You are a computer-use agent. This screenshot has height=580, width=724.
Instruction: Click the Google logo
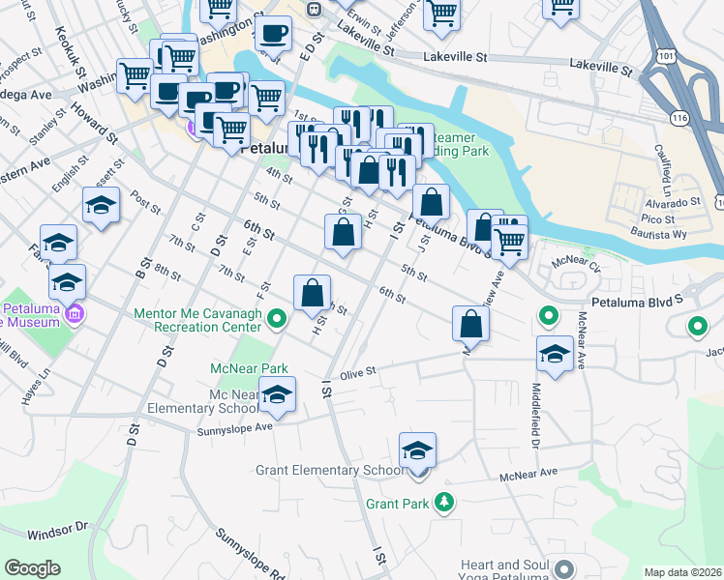point(32,568)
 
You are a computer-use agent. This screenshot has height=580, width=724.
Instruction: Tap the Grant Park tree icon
point(444,503)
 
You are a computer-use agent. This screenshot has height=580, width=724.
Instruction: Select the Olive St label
point(356,370)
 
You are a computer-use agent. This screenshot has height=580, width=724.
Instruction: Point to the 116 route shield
point(678,116)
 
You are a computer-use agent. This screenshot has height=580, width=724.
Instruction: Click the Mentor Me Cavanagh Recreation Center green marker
point(278,317)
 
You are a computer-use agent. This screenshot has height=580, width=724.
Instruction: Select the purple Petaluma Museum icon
point(75,314)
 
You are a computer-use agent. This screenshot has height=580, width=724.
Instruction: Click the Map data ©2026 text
point(682,572)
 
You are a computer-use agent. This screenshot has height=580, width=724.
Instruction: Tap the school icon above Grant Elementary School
point(418,451)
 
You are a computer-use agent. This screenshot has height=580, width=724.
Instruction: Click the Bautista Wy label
point(679,234)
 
